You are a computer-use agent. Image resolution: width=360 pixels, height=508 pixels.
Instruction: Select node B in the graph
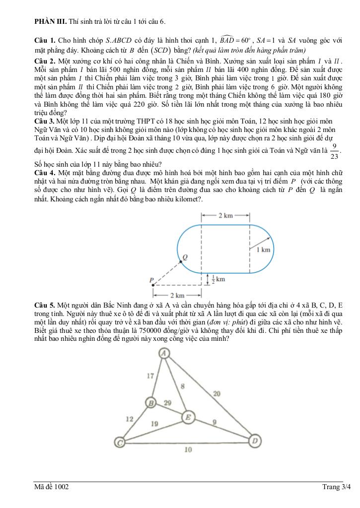(x=151, y=402)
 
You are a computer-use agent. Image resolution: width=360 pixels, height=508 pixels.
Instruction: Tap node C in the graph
(x=120, y=442)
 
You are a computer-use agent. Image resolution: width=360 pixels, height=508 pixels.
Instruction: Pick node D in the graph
(x=255, y=440)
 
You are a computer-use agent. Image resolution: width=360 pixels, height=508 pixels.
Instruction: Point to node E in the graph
(x=188, y=417)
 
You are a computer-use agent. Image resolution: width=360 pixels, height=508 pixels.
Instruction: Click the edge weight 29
(x=168, y=402)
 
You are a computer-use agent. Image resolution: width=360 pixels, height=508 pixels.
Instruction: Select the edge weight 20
(x=216, y=393)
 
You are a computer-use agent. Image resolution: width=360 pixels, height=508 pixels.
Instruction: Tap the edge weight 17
(x=150, y=376)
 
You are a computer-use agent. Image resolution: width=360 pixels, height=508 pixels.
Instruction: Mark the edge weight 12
(x=130, y=419)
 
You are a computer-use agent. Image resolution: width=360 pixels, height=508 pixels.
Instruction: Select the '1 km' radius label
(x=263, y=250)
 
